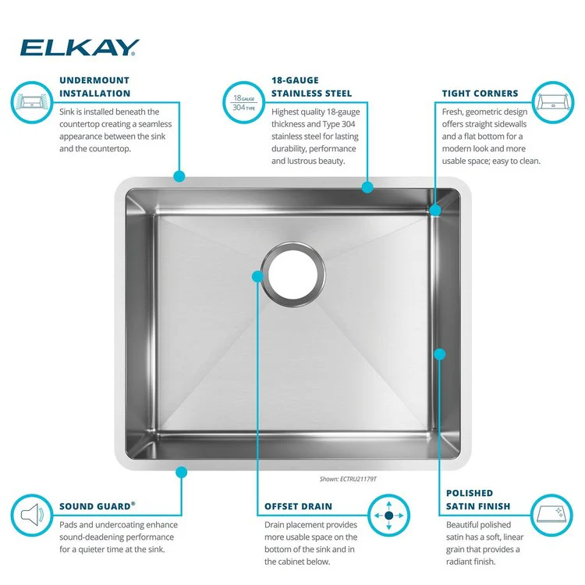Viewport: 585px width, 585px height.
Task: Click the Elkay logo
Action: coord(80,48)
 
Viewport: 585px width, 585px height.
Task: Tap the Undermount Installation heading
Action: coord(94,87)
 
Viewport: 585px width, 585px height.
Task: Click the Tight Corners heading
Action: coord(480,93)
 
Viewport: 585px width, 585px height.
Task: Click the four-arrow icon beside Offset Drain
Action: coord(388,516)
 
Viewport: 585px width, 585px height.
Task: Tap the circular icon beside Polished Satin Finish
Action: coord(555,516)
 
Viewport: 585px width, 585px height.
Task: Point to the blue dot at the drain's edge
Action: coord(257,276)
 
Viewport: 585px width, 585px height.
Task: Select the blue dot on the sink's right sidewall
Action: coord(440,354)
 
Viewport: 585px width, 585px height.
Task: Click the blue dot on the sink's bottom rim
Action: coord(181,472)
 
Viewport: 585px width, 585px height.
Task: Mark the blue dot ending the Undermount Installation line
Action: coord(179,177)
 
